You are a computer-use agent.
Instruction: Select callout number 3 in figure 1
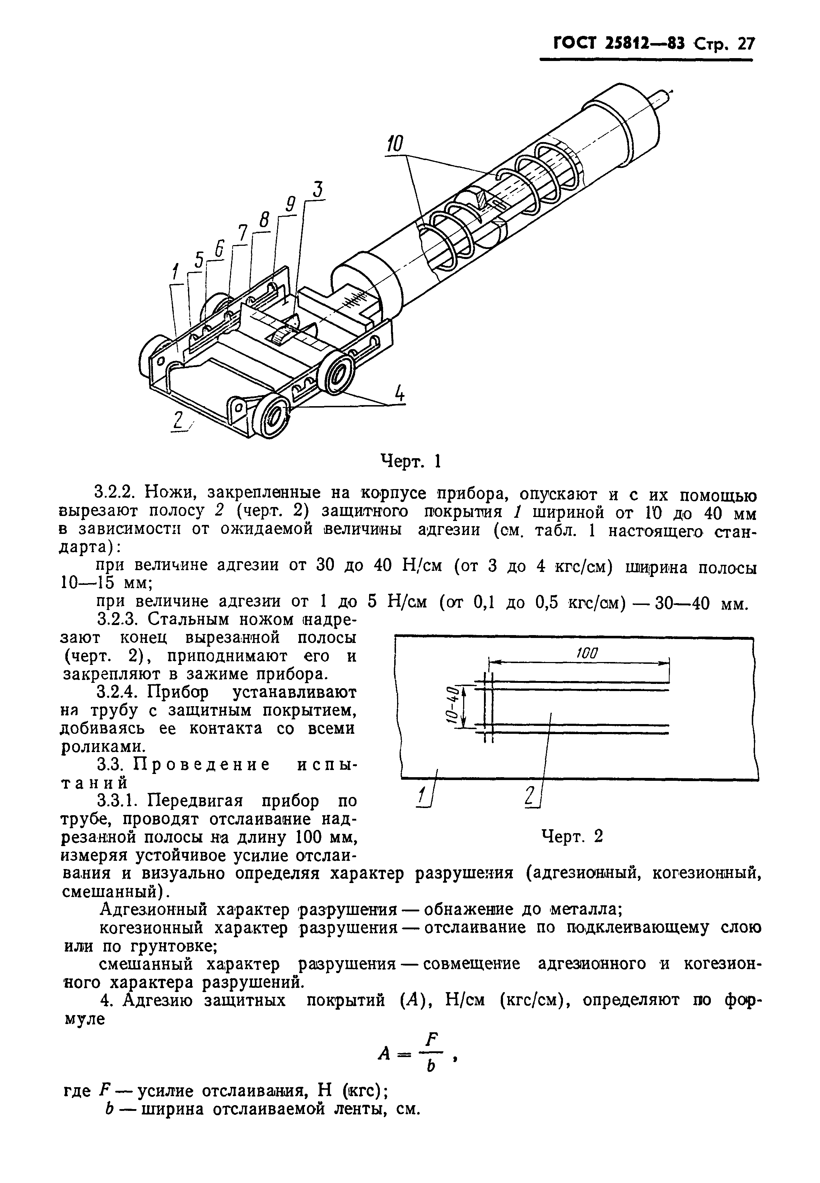pos(318,191)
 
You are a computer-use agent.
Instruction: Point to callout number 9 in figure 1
pos(290,206)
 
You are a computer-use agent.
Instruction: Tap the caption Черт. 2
pos(572,837)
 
